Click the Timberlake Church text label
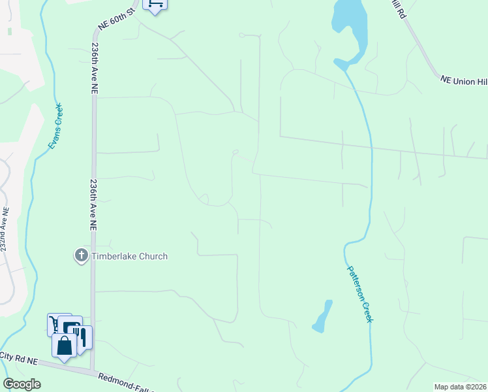[x=129, y=256]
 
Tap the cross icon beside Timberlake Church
[x=82, y=255]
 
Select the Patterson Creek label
[x=359, y=293]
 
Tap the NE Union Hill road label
[x=464, y=79]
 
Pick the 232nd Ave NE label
[x=5, y=231]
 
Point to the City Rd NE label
[x=19, y=357]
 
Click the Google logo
[x=22, y=384]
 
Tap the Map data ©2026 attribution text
[x=461, y=387]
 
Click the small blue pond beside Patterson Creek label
[x=323, y=316]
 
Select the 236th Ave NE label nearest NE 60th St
[x=95, y=66]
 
